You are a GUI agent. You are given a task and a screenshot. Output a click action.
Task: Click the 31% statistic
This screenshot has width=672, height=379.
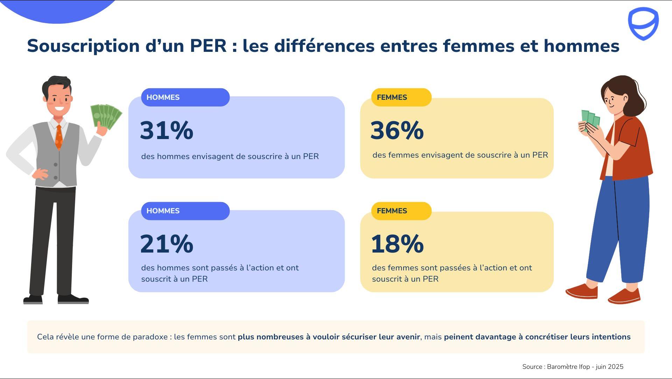coord(167,130)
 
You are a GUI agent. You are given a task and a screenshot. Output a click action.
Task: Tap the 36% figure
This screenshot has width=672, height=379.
coord(397,130)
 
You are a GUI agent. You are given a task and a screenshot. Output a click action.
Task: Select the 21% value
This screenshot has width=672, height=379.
coord(167,244)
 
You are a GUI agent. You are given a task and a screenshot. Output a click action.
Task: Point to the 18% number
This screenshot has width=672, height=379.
coord(397,244)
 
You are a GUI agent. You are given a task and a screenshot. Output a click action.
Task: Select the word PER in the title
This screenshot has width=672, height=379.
coord(208,46)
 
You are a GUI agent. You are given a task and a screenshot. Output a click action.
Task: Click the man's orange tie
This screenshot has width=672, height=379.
coord(59,137)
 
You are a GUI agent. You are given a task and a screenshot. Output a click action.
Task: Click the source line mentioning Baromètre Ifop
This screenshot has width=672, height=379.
coord(573,367)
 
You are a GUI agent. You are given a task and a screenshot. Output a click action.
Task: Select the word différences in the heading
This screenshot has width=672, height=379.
coord(324,46)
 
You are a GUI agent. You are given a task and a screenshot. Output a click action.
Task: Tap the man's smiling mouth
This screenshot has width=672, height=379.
coord(59,108)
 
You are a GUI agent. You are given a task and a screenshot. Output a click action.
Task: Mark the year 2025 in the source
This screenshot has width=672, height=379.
coord(616,367)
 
